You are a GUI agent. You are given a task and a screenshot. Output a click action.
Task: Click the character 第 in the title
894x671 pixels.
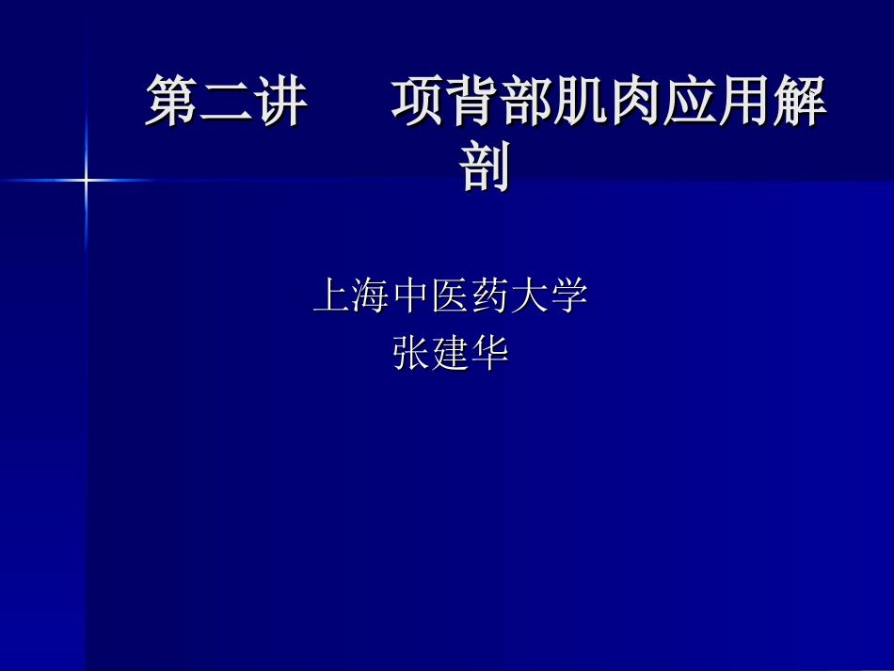[171, 101]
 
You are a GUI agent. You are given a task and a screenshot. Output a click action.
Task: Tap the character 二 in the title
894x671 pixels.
[226, 101]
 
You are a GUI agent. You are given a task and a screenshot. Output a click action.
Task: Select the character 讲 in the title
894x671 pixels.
[280, 101]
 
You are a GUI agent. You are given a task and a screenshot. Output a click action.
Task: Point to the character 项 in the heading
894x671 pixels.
[417, 101]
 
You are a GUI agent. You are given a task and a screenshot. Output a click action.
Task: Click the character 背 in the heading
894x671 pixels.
[471, 101]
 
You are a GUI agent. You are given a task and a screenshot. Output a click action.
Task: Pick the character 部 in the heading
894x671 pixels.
[526, 101]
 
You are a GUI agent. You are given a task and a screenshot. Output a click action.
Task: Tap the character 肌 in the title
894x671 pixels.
[581, 101]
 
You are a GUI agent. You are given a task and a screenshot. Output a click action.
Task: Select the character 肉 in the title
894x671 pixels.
[635, 101]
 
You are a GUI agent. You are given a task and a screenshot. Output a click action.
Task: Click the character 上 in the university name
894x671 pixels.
[331, 296]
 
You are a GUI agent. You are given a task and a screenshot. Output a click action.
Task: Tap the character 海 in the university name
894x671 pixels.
[371, 296]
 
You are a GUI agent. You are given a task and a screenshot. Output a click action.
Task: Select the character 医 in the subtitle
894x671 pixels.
[451, 296]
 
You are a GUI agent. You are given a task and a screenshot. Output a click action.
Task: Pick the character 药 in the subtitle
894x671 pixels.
[490, 296]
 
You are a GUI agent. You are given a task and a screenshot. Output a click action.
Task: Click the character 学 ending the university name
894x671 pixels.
[569, 296]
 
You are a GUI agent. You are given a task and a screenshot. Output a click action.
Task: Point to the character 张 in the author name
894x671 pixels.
[410, 354]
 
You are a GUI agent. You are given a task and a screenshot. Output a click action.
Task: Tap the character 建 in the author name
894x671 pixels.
[450, 354]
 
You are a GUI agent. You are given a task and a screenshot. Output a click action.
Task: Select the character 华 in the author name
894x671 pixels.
[489, 354]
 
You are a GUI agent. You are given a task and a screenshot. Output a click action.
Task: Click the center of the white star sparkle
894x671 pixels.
[86, 179]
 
